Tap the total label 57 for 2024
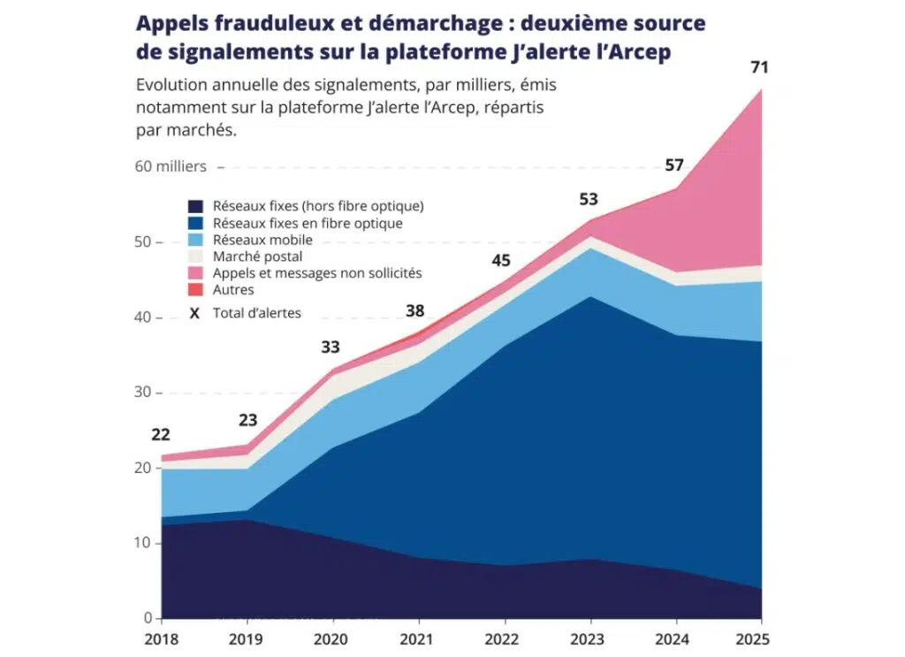[674, 165]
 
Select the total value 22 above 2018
[161, 435]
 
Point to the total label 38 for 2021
[415, 310]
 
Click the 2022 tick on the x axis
[501, 637]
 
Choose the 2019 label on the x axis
[247, 637]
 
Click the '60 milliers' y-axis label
[171, 166]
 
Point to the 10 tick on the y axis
[142, 543]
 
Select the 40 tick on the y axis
[142, 317]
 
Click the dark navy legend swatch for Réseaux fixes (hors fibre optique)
[196, 206]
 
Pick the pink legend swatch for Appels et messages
[196, 273]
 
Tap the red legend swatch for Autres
[196, 290]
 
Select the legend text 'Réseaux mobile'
[262, 240]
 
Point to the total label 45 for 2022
[501, 260]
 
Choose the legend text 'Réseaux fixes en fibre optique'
[308, 223]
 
